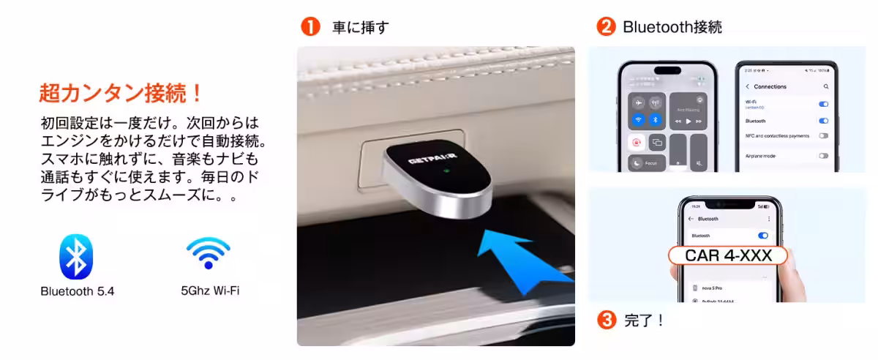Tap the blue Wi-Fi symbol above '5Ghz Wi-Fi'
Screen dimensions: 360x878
click(x=208, y=254)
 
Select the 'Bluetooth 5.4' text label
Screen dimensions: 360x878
click(x=78, y=291)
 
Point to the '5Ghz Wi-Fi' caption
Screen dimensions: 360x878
click(x=210, y=290)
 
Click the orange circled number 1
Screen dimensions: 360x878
click(x=311, y=27)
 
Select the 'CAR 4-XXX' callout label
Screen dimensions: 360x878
click(x=727, y=255)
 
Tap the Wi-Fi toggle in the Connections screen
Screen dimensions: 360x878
click(x=823, y=104)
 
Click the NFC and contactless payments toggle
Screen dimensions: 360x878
click(x=823, y=136)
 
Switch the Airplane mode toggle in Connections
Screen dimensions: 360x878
click(x=823, y=156)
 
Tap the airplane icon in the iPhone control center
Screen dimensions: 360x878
click(x=639, y=102)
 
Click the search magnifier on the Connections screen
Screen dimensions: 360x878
click(x=826, y=86)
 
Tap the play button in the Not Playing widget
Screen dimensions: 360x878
click(x=688, y=121)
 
